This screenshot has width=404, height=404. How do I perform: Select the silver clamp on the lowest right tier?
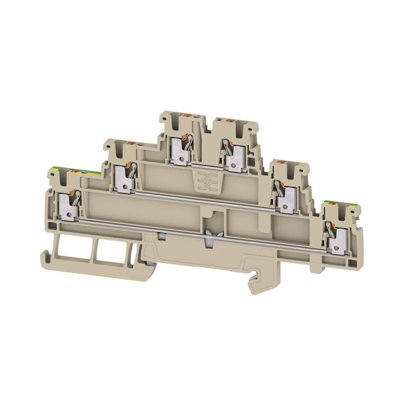(x=335, y=241)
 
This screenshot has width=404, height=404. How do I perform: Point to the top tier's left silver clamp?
(x=180, y=149)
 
